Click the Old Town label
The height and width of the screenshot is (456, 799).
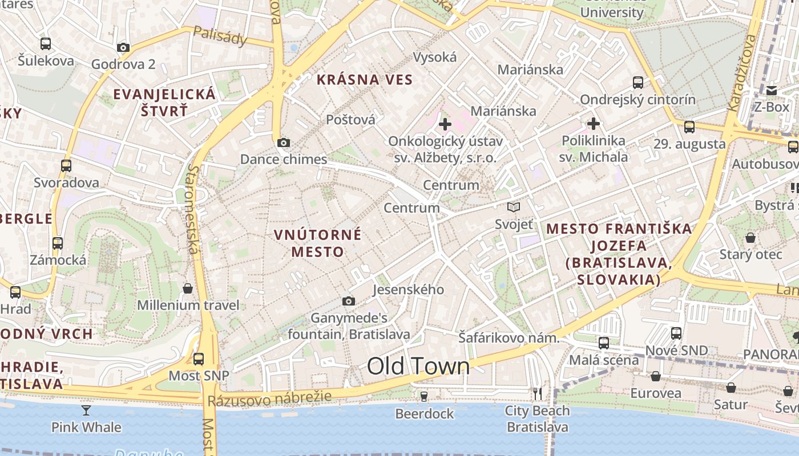point(418,366)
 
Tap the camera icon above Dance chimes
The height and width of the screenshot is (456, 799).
point(283,143)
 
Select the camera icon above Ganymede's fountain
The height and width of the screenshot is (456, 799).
point(348,301)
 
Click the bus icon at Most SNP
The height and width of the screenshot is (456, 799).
point(199,359)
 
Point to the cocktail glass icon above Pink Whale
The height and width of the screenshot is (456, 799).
point(86,410)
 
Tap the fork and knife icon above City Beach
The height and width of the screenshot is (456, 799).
point(537,393)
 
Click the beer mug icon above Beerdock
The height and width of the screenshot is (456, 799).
point(423,396)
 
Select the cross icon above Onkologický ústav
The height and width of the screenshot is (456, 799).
point(445,124)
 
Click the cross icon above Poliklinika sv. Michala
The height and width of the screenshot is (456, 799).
point(594,123)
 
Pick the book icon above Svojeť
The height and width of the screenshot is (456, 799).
point(514,207)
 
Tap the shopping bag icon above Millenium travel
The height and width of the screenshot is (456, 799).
point(188,288)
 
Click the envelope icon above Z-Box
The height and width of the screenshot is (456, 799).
point(772,91)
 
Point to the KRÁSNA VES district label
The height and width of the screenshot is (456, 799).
point(364,80)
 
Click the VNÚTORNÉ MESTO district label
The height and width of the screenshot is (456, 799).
point(318,243)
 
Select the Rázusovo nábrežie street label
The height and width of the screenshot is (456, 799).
point(269,398)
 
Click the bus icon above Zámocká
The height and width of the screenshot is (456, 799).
point(58,243)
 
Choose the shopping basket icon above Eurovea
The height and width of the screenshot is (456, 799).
point(655,376)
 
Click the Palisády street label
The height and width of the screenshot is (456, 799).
point(220,36)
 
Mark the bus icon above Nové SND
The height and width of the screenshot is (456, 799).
point(676,333)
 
